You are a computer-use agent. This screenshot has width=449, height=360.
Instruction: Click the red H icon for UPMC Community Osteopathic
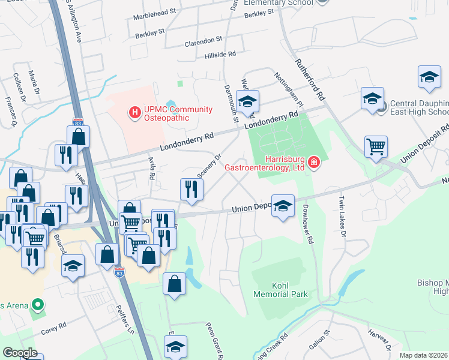click(x=135, y=112)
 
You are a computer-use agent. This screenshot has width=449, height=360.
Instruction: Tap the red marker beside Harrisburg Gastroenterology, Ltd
click(x=313, y=163)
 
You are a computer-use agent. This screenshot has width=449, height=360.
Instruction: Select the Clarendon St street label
click(x=203, y=41)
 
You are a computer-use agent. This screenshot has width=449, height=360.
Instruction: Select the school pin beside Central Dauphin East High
click(x=372, y=98)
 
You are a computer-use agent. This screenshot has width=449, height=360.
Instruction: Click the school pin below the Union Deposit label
click(x=283, y=206)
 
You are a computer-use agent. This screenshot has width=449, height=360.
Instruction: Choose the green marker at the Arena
click(x=38, y=305)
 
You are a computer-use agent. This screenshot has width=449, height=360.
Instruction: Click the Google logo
click(x=20, y=353)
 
